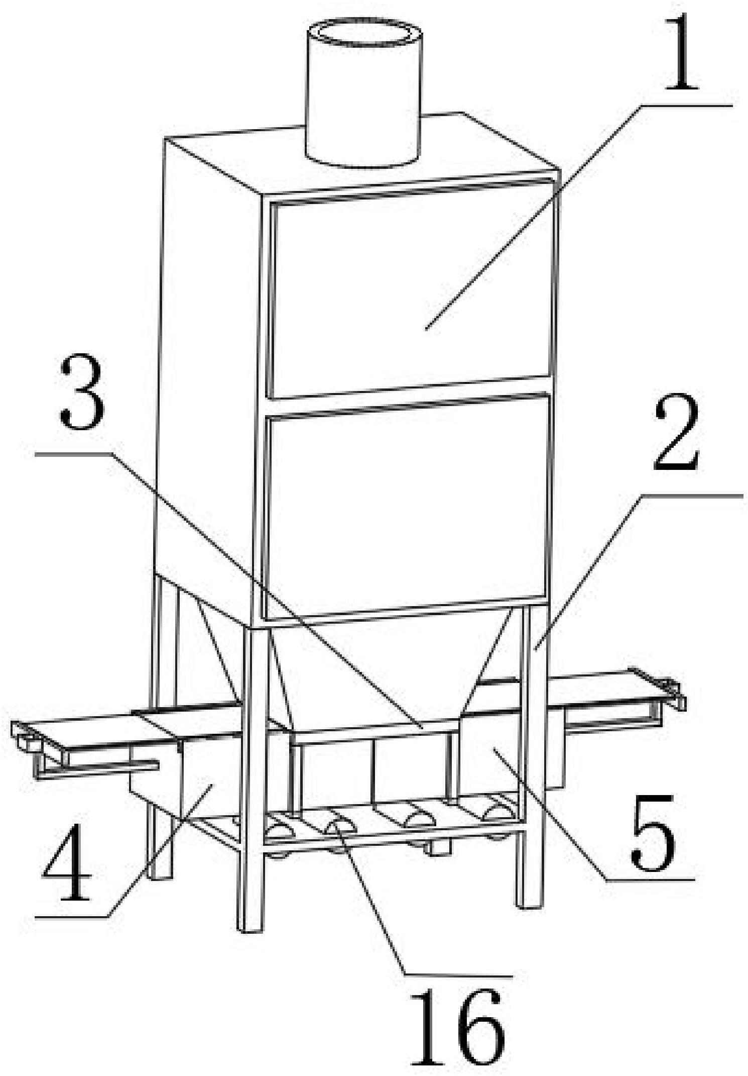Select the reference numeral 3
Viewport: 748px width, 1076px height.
[83, 389]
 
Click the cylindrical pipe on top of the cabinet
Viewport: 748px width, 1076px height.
[363, 93]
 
